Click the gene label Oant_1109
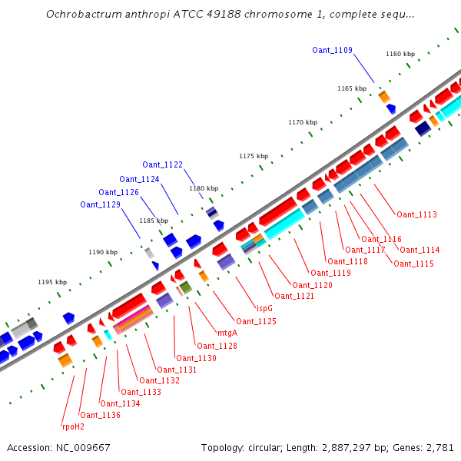coord(332,50)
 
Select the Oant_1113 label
coord(416,214)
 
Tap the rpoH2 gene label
coord(73,426)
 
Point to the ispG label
coord(264,308)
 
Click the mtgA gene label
coord(227,333)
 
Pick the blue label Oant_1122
coord(162,164)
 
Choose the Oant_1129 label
coord(100,204)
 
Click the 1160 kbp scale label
coord(400,54)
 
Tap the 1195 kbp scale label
coord(52,282)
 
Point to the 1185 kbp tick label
coord(154,221)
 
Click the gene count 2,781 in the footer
coord(440,447)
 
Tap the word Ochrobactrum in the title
coord(81,14)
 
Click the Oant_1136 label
coord(99,415)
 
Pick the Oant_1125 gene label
coord(256,321)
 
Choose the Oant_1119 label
coord(330,273)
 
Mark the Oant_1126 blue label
coord(118,192)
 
